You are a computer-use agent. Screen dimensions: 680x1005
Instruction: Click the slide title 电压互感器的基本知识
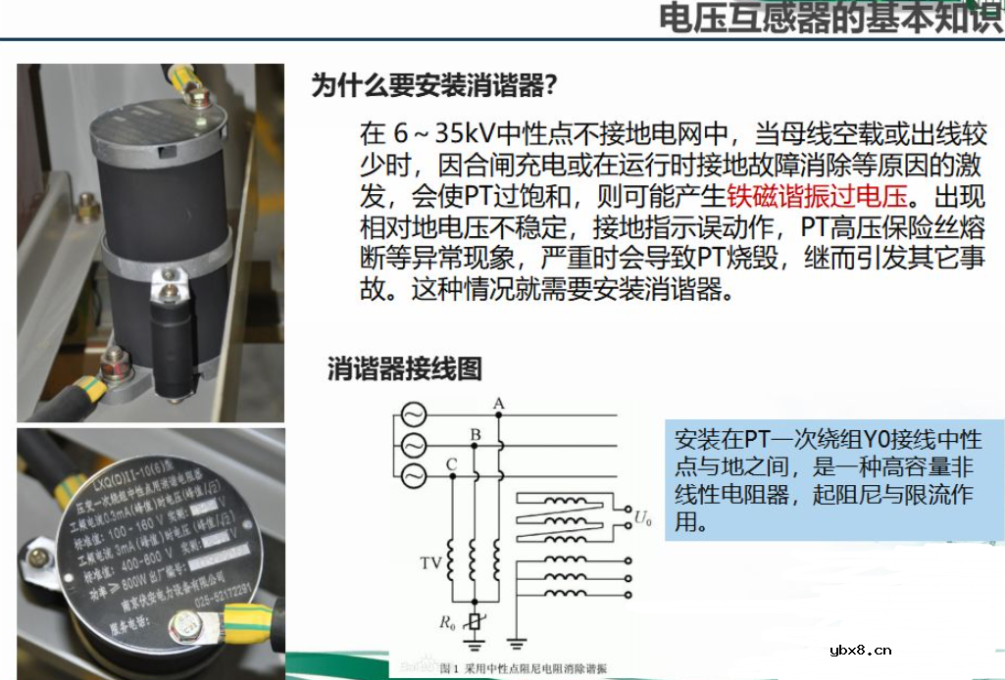coord(829,19)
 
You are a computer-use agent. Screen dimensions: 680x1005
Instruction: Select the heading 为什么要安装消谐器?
coord(434,86)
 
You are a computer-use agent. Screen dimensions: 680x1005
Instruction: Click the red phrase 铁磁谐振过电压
coord(819,195)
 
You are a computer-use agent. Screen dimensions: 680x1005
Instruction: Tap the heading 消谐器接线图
coord(405,368)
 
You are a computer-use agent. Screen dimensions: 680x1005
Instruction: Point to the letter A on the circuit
coord(499,403)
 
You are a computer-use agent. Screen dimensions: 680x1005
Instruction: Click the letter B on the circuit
coord(476,434)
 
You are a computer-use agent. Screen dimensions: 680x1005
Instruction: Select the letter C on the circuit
coord(451,463)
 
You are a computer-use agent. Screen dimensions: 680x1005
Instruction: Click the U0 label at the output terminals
coord(642,517)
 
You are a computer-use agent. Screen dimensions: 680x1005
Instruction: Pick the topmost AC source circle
coord(409,414)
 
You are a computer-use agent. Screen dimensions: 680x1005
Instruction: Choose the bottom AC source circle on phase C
coord(409,476)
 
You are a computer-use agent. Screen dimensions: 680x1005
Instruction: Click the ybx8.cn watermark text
coord(860,650)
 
